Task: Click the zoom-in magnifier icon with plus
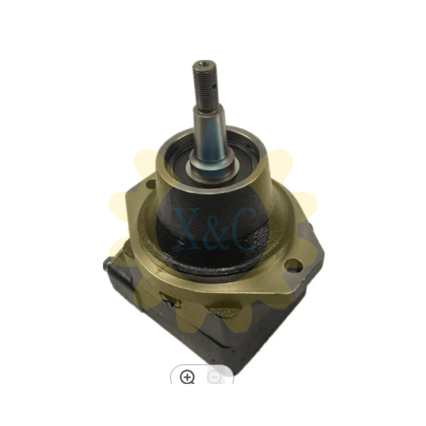click(187, 377)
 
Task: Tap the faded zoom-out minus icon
click(214, 377)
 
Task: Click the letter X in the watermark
click(187, 229)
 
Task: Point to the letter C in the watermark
click(244, 229)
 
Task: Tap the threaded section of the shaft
click(206, 84)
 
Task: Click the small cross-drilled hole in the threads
click(214, 87)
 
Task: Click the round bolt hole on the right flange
click(294, 264)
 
